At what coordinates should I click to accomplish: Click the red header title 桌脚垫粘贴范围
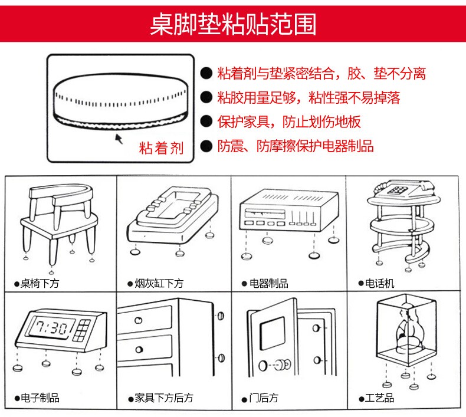(233, 25)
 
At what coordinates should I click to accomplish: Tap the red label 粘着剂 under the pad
(161, 147)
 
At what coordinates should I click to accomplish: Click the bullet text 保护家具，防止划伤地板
(288, 122)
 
